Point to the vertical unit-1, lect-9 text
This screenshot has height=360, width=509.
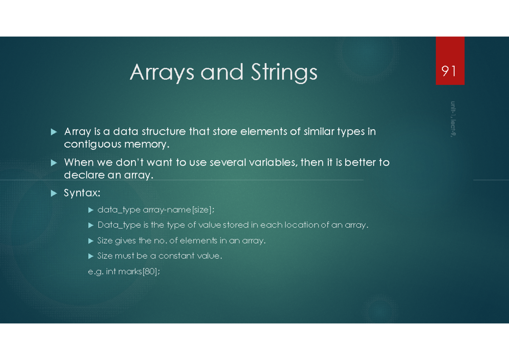[453, 119]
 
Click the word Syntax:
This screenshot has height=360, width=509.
[82, 193]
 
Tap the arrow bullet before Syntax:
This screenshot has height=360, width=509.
[53, 193]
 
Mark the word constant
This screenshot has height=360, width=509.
[176, 256]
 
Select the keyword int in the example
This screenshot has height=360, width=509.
[111, 272]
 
